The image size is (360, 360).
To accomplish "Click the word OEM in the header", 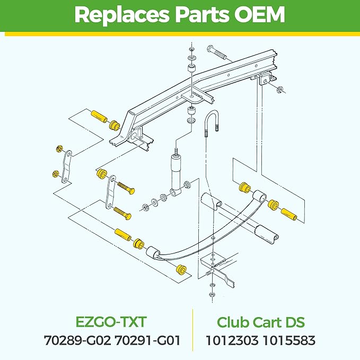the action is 259,14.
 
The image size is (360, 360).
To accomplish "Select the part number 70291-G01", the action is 147,340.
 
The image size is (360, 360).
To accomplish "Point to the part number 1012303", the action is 232,340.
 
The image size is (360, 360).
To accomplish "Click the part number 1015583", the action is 289,340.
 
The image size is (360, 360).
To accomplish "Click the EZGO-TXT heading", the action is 111,322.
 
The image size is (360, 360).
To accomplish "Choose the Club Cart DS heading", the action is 260,322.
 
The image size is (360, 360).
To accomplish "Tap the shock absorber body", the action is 176,173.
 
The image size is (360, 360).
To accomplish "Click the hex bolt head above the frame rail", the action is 211,49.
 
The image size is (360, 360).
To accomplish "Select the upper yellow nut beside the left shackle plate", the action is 58,149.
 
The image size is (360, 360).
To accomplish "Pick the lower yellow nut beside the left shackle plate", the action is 55,174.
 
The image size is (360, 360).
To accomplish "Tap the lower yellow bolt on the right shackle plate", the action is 122,213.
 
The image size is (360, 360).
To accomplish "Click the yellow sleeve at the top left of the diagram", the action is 100,117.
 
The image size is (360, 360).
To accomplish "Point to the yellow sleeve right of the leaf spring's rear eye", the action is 289,214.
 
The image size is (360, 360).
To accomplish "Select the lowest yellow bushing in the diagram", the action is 181,269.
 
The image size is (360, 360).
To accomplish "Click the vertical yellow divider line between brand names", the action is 192,330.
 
